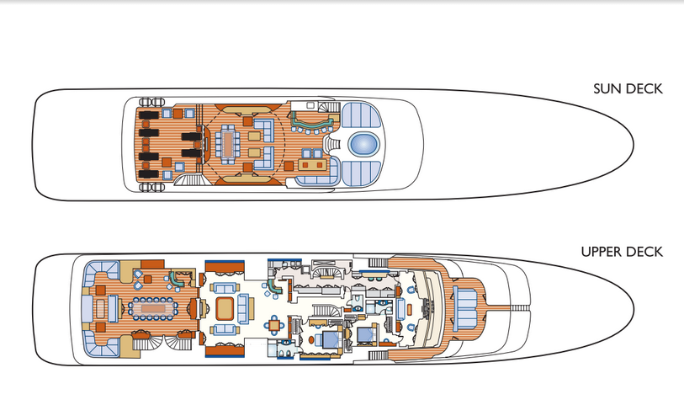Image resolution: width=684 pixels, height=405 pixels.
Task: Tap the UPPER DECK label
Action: pyautogui.click(x=622, y=252)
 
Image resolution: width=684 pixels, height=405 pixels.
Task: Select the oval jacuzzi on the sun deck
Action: pyautogui.click(x=363, y=144)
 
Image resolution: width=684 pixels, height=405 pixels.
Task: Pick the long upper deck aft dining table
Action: pyautogui.click(x=151, y=309)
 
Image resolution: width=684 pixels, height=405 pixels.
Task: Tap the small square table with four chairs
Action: pyautogui.click(x=276, y=323)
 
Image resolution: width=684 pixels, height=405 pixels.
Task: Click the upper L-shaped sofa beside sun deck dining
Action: pyautogui.click(x=260, y=126)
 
